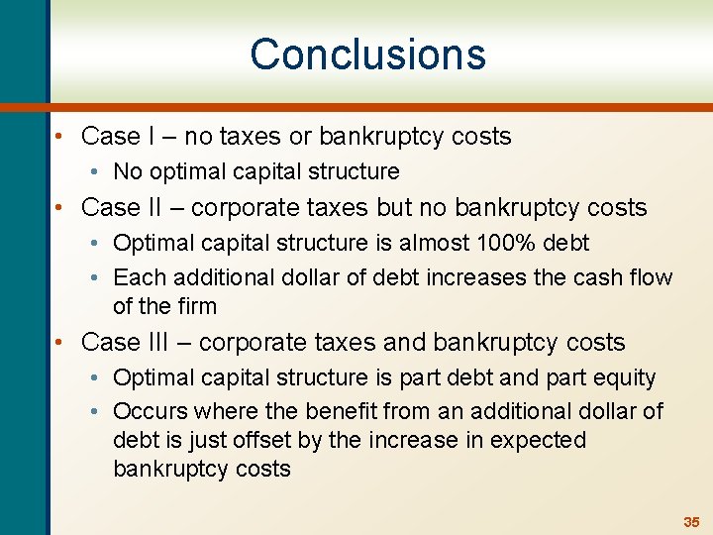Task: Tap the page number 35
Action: click(690, 521)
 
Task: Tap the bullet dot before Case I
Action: click(61, 137)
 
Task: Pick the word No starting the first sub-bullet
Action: click(128, 172)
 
